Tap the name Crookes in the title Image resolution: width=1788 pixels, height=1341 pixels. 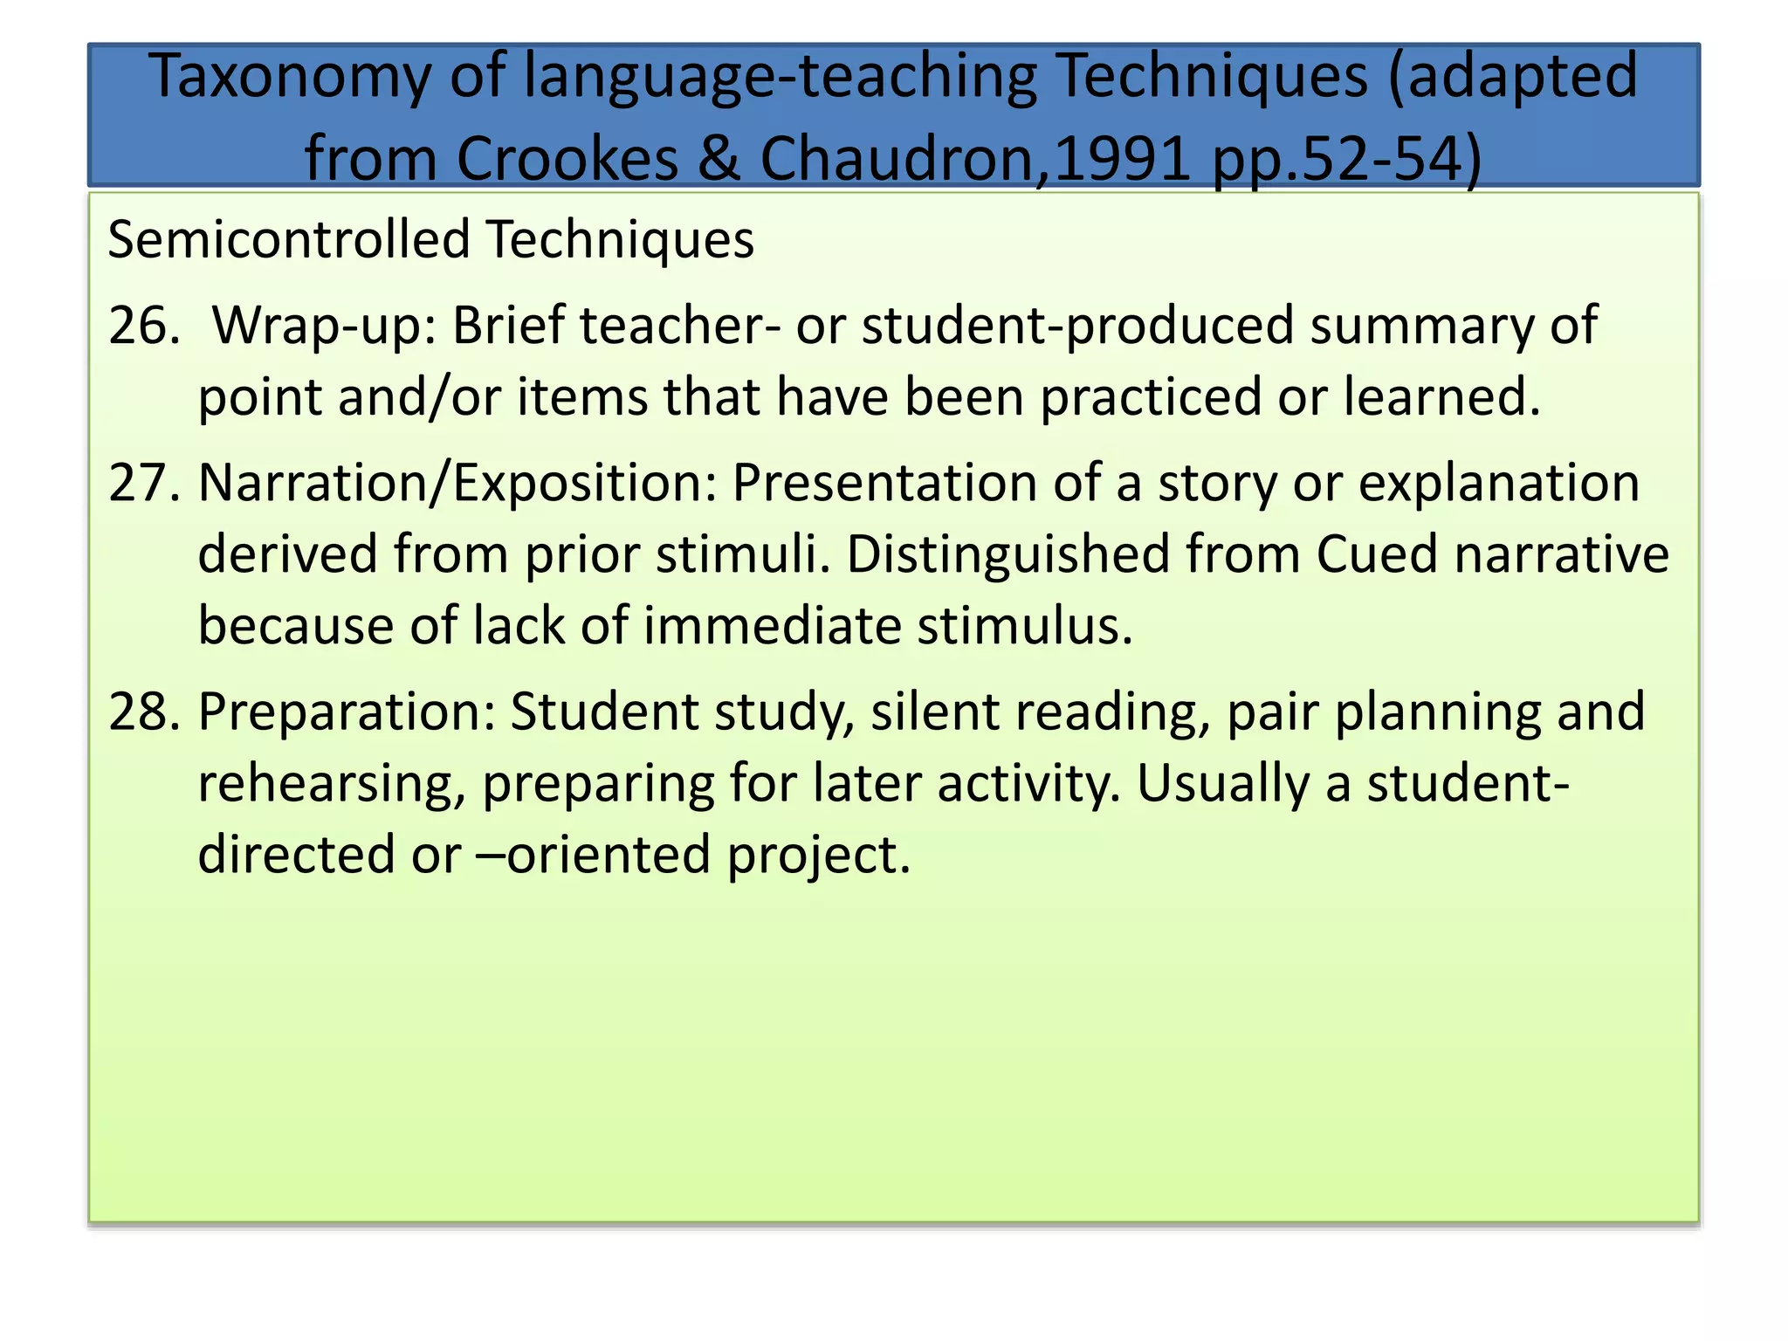(x=567, y=160)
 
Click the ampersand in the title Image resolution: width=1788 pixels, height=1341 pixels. (x=719, y=160)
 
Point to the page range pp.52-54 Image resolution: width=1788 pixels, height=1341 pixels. (x=1346, y=160)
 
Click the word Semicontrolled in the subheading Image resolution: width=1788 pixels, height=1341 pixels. (x=289, y=240)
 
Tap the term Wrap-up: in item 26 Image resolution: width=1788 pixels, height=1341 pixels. (x=324, y=326)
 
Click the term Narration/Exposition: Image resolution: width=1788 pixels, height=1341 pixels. (x=457, y=483)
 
